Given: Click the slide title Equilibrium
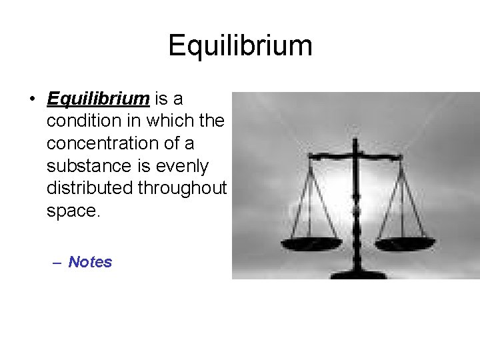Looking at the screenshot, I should point(240,45).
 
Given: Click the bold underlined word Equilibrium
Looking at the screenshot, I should point(98,99).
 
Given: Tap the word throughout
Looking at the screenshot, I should point(182,188).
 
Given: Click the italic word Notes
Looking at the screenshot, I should point(90,262).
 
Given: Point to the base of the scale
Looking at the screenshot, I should point(355,273).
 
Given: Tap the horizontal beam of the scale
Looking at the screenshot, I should point(356,157).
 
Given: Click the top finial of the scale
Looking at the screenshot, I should point(355,142).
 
